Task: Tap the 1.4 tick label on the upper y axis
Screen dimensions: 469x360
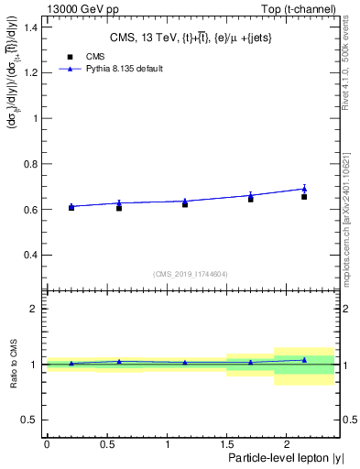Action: pyautogui.click(x=32, y=27)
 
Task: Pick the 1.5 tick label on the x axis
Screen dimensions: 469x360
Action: pyautogui.click(x=226, y=444)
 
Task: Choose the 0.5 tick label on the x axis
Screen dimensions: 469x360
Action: pyautogui.click(x=106, y=444)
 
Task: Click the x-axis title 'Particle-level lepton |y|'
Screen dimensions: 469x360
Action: pyautogui.click(x=286, y=457)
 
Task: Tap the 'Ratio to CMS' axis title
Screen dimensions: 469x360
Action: pyautogui.click(x=14, y=365)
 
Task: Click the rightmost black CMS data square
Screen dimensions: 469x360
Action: pyautogui.click(x=304, y=197)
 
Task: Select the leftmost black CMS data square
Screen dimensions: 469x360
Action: pyautogui.click(x=71, y=208)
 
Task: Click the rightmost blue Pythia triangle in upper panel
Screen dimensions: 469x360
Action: pyautogui.click(x=304, y=189)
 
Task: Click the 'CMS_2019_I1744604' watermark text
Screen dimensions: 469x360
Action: pyautogui.click(x=191, y=274)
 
